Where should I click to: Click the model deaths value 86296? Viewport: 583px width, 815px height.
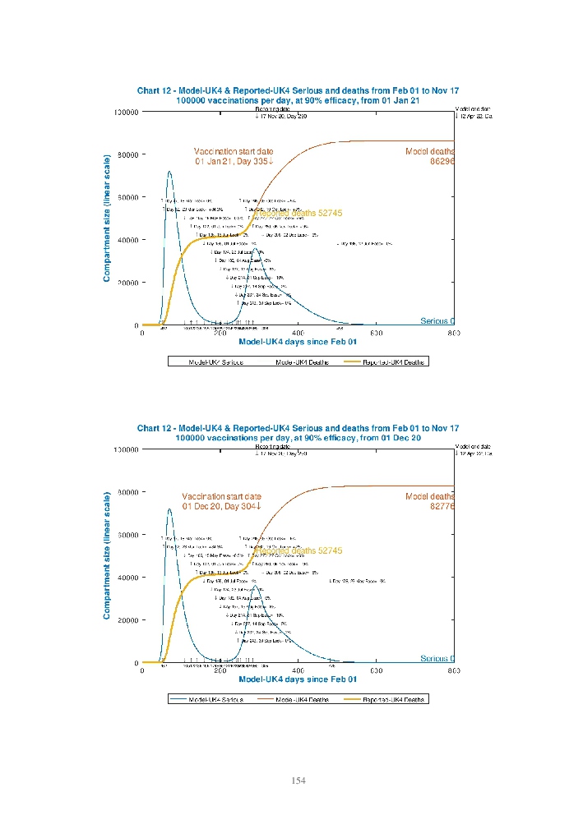point(442,162)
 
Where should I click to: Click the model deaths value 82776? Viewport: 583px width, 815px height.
point(442,507)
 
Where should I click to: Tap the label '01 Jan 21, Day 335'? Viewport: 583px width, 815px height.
point(234,162)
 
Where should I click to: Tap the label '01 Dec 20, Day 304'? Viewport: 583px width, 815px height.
point(221,507)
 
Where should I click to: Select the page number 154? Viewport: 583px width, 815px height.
point(298,780)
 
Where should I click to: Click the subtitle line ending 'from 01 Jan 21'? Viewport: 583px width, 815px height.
point(298,100)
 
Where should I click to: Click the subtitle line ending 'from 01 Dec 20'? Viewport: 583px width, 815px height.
point(298,438)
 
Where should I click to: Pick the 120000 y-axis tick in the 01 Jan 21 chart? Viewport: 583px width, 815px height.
point(126,112)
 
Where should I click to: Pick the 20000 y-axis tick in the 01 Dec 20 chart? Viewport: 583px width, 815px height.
point(128,620)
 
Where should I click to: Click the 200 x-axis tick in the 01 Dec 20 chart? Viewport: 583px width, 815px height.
point(220,670)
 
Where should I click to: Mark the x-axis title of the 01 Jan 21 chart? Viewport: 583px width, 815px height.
point(298,342)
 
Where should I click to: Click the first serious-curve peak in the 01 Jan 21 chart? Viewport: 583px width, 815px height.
point(169,172)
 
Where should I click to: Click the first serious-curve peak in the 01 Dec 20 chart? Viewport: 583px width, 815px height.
point(169,509)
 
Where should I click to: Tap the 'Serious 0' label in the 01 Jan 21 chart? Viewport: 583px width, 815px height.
point(437,321)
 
